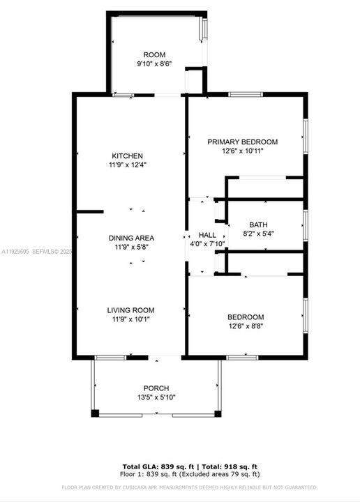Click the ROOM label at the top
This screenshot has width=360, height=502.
click(154, 54)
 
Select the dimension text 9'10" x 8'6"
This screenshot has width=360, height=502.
click(154, 63)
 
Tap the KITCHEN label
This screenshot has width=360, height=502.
click(128, 155)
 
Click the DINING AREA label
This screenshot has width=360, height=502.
click(130, 238)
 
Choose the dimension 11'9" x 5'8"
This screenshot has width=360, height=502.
click(130, 247)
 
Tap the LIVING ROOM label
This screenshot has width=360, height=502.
click(130, 310)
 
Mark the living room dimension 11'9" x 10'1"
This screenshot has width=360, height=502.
click(130, 319)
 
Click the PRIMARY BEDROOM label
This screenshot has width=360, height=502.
click(243, 142)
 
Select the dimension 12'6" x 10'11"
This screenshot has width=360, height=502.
click(243, 151)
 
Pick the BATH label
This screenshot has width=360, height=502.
click(258, 225)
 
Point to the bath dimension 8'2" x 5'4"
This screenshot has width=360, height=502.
click(258, 234)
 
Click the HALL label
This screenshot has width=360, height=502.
click(207, 235)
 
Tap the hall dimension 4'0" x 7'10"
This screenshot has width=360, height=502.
click(207, 244)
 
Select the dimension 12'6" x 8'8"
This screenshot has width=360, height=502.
click(246, 326)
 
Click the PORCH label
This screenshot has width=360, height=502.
click(156, 388)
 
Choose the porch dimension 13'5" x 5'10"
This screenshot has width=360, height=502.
click(156, 397)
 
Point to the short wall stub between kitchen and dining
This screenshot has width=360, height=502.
click(89, 211)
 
